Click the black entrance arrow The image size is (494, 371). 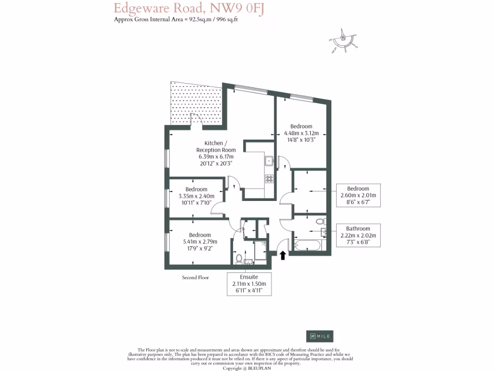[x=283, y=255]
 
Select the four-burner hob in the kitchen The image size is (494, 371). [x=269, y=178]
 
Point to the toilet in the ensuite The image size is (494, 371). [x=238, y=257]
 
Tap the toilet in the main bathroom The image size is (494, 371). [x=320, y=222]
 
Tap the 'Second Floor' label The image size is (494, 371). [x=195, y=278]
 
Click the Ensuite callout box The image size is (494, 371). [x=249, y=284]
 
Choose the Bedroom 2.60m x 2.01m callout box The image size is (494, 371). [x=358, y=195]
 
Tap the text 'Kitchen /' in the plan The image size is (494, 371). [x=214, y=143]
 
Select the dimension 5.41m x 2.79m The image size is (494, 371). [x=200, y=242]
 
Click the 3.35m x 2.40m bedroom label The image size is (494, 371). [x=196, y=196]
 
